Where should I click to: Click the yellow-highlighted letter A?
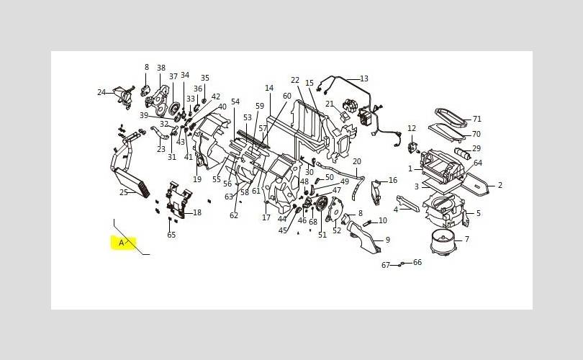[121, 243]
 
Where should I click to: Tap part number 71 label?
[477, 119]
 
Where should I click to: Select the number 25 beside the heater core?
[124, 192]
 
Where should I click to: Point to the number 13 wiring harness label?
[364, 78]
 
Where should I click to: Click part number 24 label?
[101, 92]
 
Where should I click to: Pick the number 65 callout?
[171, 235]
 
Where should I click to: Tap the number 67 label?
[386, 265]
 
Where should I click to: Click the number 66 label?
[417, 262]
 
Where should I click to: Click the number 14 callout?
[269, 88]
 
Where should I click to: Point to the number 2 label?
[500, 185]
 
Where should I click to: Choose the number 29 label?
[476, 148]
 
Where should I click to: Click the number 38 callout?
[161, 68]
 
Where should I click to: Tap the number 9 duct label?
[388, 240]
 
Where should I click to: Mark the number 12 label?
[412, 128]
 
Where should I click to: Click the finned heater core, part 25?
[132, 183]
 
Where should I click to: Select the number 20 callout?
[357, 161]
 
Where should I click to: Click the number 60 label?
[287, 96]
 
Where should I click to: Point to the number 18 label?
[197, 212]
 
